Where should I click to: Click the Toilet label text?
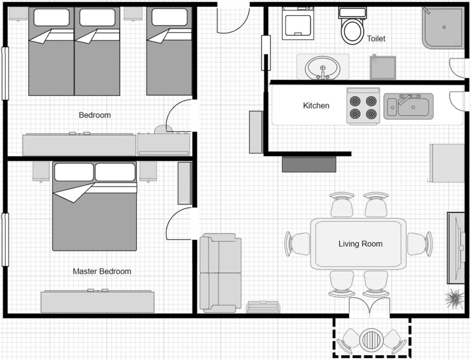[376, 39]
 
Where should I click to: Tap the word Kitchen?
[316, 106]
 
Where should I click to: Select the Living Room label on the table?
[361, 244]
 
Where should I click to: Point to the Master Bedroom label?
[102, 271]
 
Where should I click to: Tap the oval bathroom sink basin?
[322, 68]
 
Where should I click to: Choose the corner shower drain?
[444, 27]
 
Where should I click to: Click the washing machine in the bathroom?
[298, 23]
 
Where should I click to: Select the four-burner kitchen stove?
[363, 106]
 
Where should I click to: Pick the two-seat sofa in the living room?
[220, 273]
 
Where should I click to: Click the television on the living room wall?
[456, 248]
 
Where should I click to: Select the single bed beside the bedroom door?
[169, 51]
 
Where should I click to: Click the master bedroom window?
[5, 240]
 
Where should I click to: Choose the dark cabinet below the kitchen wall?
[309, 165]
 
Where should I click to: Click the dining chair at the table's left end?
[297, 244]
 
